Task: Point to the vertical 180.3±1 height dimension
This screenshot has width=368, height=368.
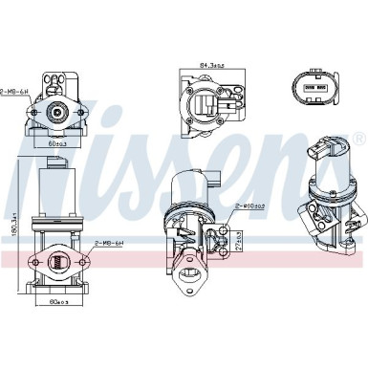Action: click(13, 227)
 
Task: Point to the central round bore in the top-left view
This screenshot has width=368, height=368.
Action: click(58, 112)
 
